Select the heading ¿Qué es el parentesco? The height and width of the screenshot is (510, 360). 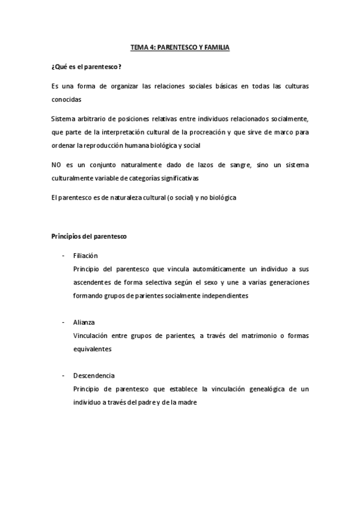pos(87,66)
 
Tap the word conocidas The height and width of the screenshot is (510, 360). pos(66,100)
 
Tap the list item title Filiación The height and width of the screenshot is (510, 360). pos(85,256)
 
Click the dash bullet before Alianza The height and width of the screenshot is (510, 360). pos(63,322)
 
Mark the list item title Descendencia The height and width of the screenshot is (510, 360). pos(94,375)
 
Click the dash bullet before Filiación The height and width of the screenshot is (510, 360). pos(63,256)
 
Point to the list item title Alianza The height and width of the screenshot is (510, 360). pos(84,322)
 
